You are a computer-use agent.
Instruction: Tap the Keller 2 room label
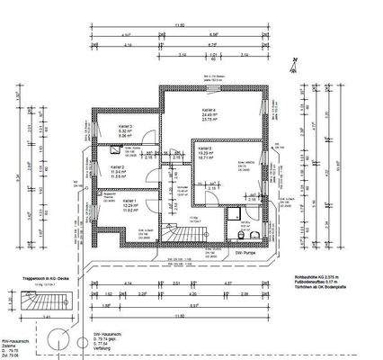[x=118, y=167]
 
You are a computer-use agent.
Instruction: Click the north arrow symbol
[x=292, y=62]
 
